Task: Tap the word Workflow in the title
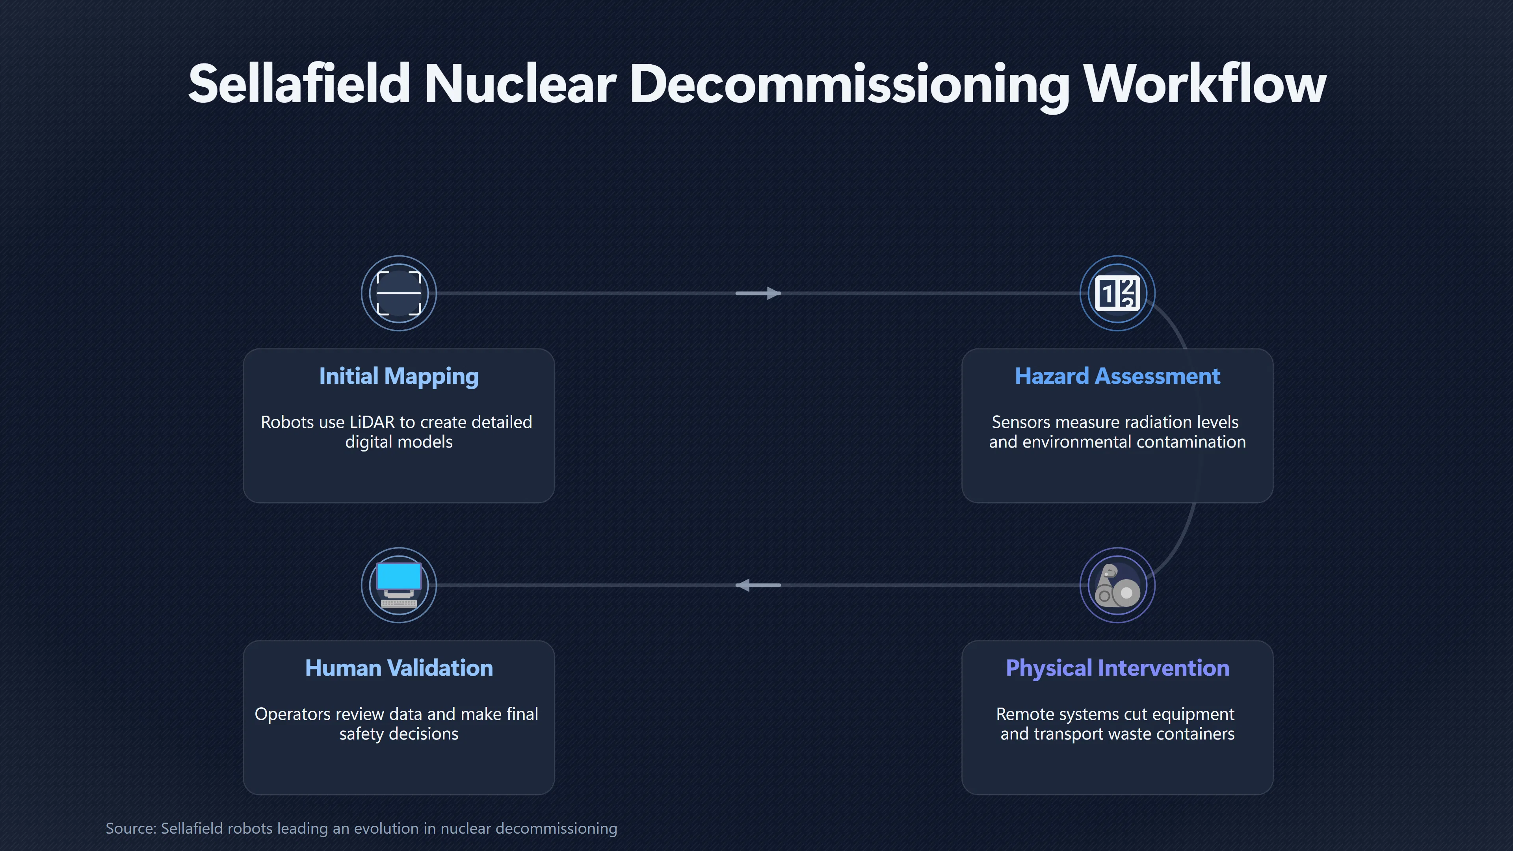1204,84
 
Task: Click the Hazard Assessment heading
1117,376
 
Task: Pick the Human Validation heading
399,668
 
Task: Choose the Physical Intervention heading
1117,668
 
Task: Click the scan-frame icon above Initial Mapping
399,293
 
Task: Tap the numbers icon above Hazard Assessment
1117,293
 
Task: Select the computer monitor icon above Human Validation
399,585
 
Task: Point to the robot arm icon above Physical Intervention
1117,585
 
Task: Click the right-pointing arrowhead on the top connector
773,293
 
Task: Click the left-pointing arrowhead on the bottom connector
743,585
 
